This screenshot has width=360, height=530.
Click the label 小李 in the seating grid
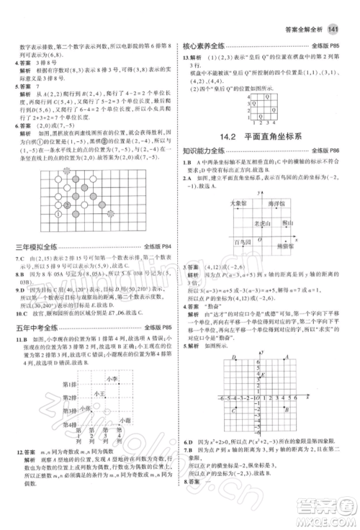click(x=110, y=379)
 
